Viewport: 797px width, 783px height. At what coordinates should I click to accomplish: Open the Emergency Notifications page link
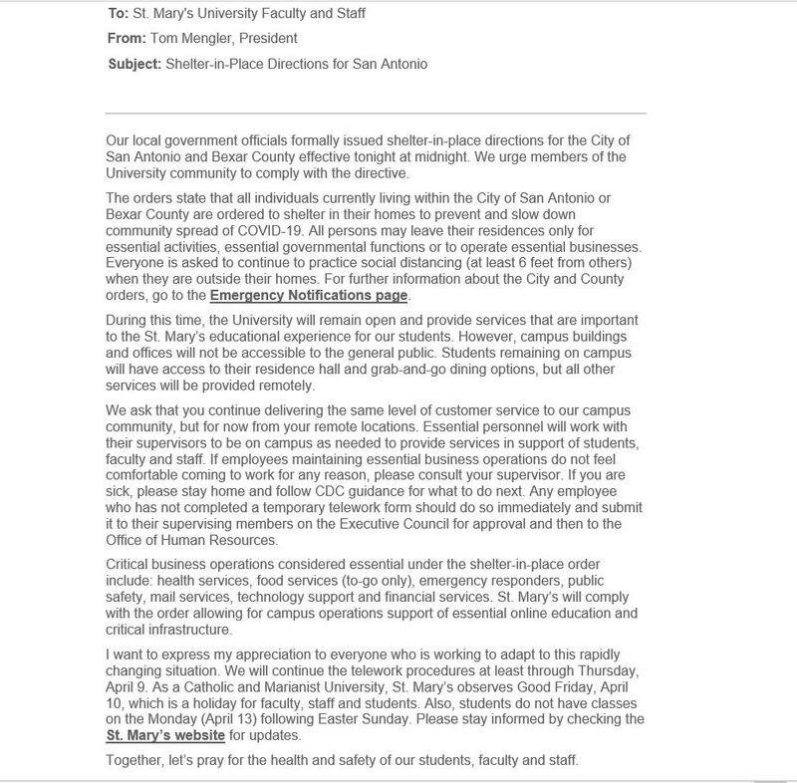click(309, 296)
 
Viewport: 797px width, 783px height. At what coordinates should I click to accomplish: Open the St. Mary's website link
click(164, 736)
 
